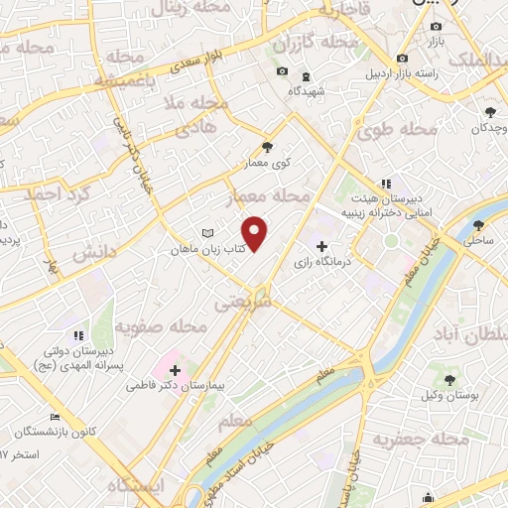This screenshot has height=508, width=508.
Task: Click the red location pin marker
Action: pos(255,232)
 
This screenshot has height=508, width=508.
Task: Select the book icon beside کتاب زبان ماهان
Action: pos(206,232)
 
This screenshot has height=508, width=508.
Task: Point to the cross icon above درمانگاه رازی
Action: pos(320,247)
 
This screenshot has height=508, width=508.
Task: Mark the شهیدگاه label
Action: pos(308,90)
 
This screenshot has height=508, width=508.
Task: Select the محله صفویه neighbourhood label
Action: pos(161,326)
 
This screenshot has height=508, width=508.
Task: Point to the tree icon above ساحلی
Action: pos(479,225)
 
